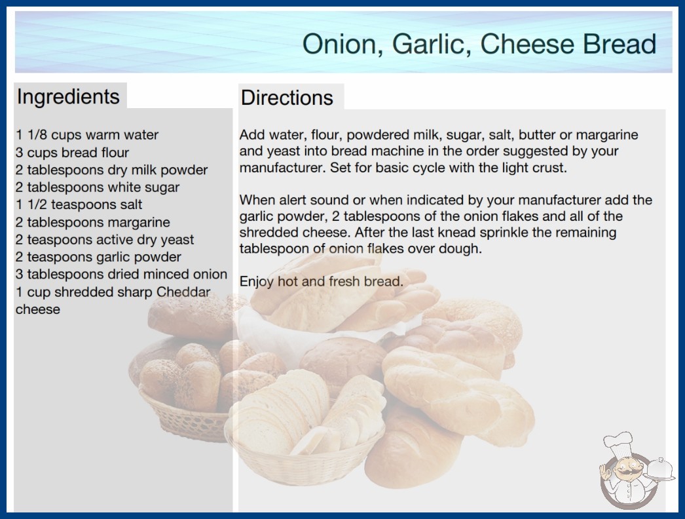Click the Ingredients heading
pyautogui.click(x=68, y=97)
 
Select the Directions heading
pyautogui.click(x=287, y=98)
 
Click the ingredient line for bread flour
pyautogui.click(x=72, y=153)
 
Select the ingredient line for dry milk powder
pyautogui.click(x=111, y=170)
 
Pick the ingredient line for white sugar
pyautogui.click(x=98, y=187)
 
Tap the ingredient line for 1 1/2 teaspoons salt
pyautogui.click(x=79, y=204)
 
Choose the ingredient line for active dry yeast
pyautogui.click(x=104, y=240)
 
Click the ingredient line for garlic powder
pyautogui.click(x=98, y=257)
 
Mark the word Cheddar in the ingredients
pyautogui.click(x=183, y=292)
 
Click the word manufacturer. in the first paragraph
pyautogui.click(x=283, y=168)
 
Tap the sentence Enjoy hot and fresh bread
pyautogui.click(x=321, y=281)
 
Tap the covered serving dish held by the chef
pyautogui.click(x=660, y=470)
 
